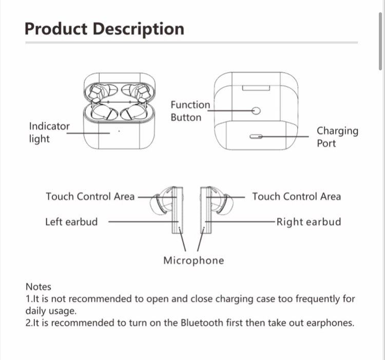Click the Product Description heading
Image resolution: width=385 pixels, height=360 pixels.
coord(104,28)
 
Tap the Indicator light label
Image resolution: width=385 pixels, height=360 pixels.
coord(49,132)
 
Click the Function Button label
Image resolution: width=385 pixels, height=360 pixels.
coord(190,111)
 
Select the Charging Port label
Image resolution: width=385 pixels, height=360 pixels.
coord(337,137)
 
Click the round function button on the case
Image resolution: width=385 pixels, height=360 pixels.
coord(256,110)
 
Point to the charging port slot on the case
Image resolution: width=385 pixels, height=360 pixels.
coord(256,137)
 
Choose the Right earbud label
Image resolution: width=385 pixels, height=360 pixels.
coord(309,222)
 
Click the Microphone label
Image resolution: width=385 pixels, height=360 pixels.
coord(194,260)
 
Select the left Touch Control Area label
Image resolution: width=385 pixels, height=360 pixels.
coord(90,196)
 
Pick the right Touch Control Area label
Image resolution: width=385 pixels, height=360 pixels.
coord(296,196)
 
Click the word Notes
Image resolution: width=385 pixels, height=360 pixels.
coord(38,287)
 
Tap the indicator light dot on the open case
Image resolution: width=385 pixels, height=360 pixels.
coord(119,131)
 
